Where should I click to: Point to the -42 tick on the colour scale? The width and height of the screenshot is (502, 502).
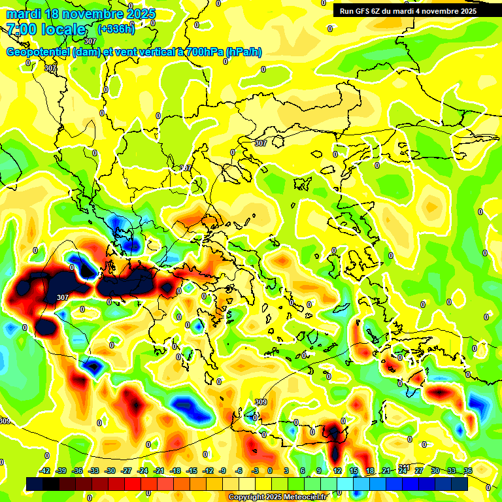(44, 471)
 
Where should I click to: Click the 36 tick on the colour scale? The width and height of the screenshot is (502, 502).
(468, 471)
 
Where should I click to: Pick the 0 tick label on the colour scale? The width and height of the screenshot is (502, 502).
(270, 471)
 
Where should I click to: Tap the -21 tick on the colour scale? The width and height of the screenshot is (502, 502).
(158, 471)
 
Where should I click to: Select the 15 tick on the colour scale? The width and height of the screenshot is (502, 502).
(354, 471)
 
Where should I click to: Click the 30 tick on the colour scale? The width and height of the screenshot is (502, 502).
(435, 471)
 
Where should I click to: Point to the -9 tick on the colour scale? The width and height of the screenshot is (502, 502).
(223, 471)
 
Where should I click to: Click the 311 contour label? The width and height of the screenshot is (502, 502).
(405, 467)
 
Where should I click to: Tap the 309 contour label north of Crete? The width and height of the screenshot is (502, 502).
(261, 402)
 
